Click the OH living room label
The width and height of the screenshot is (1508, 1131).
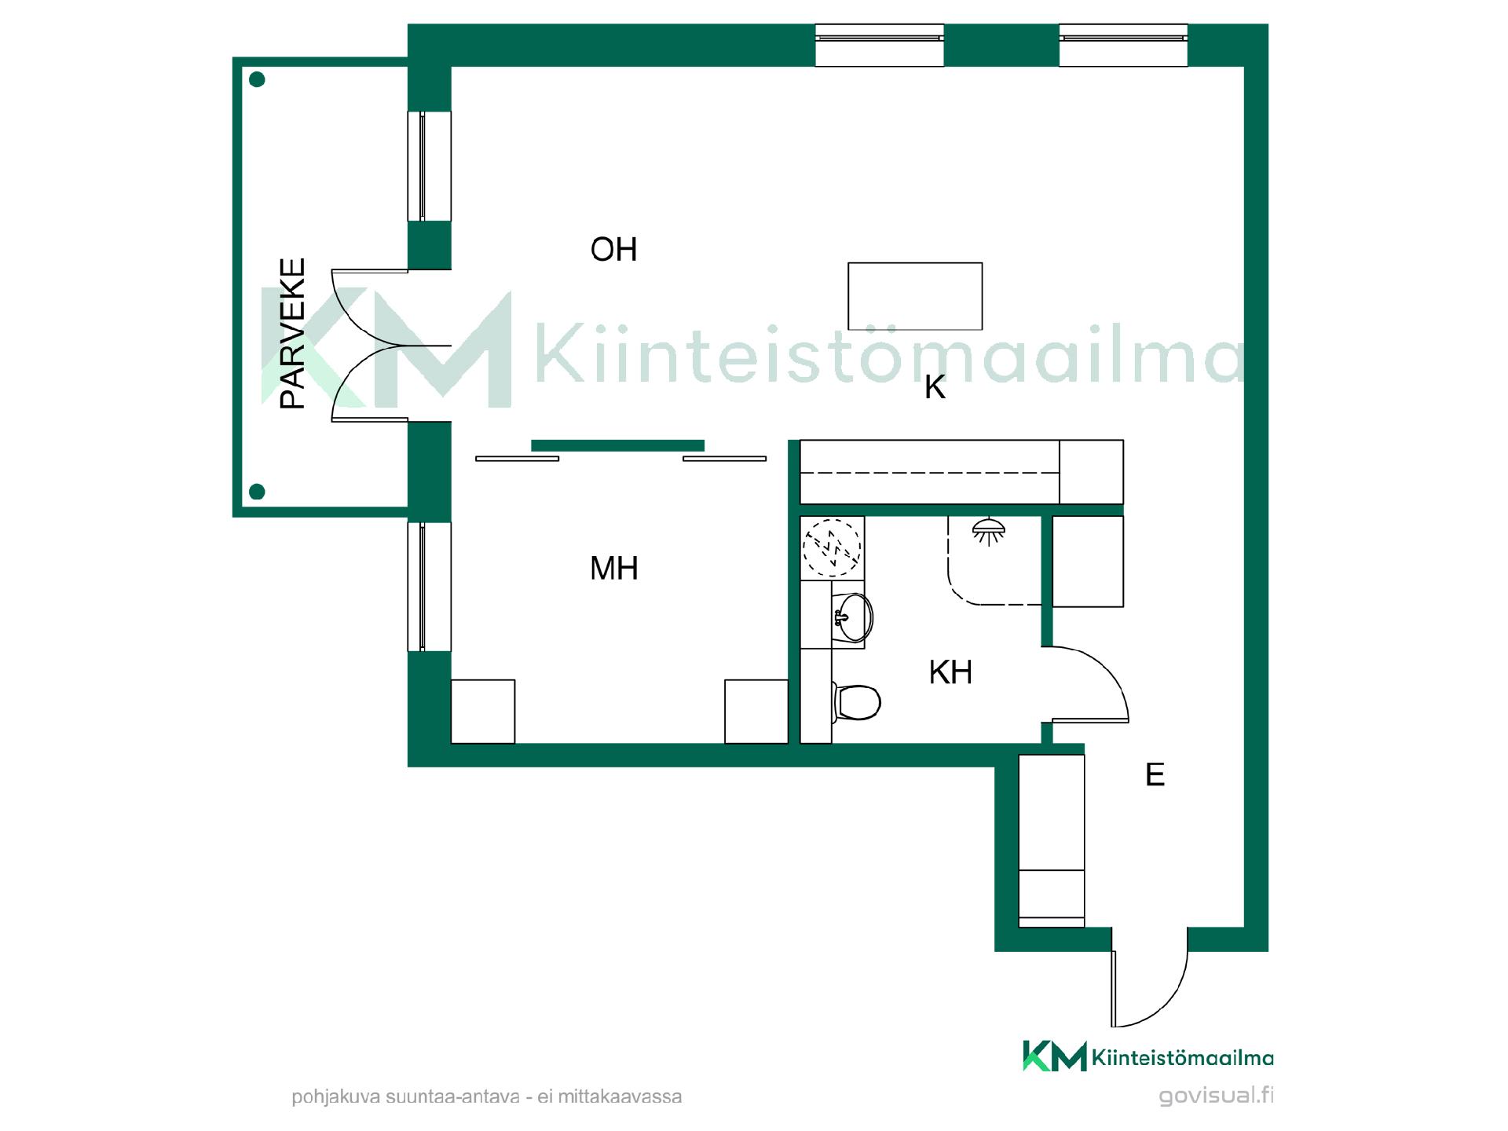pos(613,250)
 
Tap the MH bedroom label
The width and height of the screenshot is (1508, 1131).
pos(613,568)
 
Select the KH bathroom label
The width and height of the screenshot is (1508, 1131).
pos(950,672)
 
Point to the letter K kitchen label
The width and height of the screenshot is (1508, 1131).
pos(935,387)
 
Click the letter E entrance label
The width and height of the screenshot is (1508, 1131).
pos(1155,775)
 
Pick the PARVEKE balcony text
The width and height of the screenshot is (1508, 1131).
pos(293,333)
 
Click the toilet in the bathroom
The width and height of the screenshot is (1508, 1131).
pos(856,701)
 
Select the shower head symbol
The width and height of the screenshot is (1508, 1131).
pos(989,530)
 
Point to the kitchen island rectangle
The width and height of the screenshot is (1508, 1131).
pos(915,296)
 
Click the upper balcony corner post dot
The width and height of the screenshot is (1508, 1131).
pos(257,79)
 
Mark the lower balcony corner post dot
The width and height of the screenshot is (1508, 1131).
pos(257,492)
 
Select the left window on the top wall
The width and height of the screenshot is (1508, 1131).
pos(880,45)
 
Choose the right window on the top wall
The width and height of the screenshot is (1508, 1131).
pos(1123,45)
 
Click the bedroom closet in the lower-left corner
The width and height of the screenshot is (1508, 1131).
pos(483,712)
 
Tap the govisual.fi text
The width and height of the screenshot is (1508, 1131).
pos(1217,1095)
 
